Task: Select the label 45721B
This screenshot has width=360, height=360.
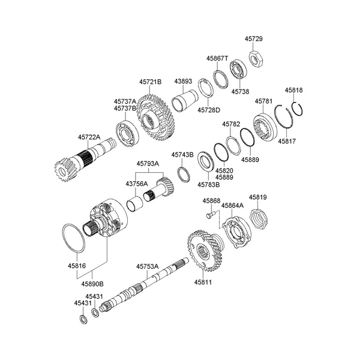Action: tap(151, 82)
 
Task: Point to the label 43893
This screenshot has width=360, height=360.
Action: tap(183, 82)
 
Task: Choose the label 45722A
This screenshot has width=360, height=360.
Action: tap(89, 137)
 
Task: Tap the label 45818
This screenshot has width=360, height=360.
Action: tap(294, 90)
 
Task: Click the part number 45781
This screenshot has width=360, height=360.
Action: tap(264, 101)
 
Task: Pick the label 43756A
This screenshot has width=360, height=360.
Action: tap(136, 184)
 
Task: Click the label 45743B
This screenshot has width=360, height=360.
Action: tap(182, 154)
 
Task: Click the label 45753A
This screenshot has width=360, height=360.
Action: tap(147, 266)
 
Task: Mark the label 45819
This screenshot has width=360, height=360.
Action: tap(258, 197)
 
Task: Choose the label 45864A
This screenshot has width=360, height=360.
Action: tap(232, 205)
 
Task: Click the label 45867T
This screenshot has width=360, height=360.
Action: tap(218, 59)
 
